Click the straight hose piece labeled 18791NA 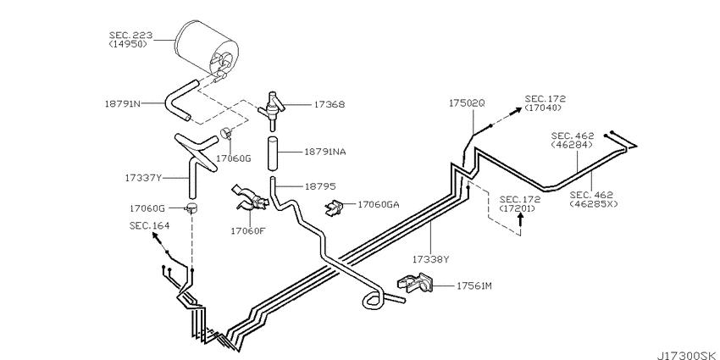tap(274, 152)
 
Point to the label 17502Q tap(467, 103)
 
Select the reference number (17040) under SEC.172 tap(543, 108)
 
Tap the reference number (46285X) tap(594, 203)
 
